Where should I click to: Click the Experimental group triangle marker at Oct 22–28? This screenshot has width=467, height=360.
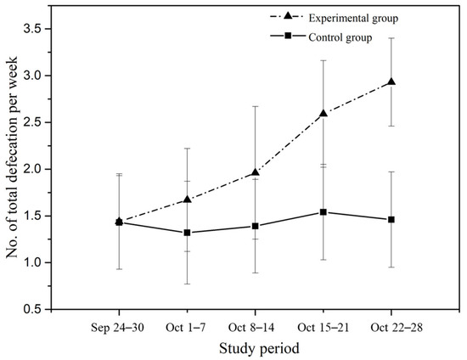391,82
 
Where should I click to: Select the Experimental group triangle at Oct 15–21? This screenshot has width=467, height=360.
324,113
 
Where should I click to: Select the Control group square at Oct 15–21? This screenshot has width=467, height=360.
324,212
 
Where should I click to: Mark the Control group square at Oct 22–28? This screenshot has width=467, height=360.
391,220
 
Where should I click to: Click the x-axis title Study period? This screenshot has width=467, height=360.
256,347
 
